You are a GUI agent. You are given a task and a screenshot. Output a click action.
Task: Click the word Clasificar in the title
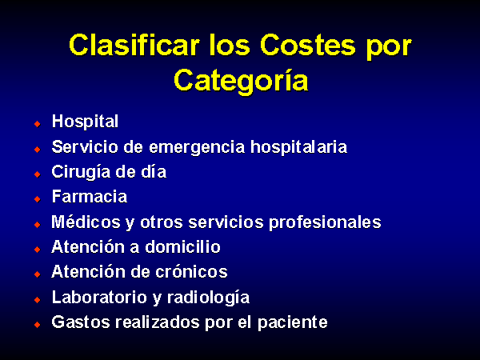pos(134,45)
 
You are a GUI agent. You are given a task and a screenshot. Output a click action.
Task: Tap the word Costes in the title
pos(308,45)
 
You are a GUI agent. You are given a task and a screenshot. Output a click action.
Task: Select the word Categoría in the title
pos(241,81)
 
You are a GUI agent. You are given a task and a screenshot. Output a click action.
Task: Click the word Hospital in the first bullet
pos(85,122)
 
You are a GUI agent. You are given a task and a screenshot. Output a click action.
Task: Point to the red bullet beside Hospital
pos(38,124)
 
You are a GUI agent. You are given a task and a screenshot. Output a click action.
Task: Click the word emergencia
pos(197,147)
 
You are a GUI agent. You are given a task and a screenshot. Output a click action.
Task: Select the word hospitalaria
pos(298,146)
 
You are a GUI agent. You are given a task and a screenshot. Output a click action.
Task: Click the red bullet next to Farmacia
pos(38,199)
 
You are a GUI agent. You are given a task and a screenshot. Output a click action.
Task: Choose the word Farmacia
pos(90,197)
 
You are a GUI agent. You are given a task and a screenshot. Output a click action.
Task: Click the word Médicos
pos(86,222)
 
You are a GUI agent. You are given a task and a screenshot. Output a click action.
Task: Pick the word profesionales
pos(325,222)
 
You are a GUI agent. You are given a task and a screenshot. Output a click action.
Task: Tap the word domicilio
pos(182,246)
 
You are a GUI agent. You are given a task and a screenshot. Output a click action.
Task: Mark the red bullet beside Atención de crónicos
pos(38,274)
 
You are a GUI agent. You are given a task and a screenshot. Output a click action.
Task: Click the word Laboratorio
pos(99,298)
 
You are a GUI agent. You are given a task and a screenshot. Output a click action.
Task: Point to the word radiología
pos(208,298)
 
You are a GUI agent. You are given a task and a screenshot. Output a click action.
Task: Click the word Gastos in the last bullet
pos(81,322)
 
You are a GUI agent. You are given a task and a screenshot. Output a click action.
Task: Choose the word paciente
pos(292,323)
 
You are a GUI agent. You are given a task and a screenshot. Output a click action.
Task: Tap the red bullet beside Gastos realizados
pos(38,325)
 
